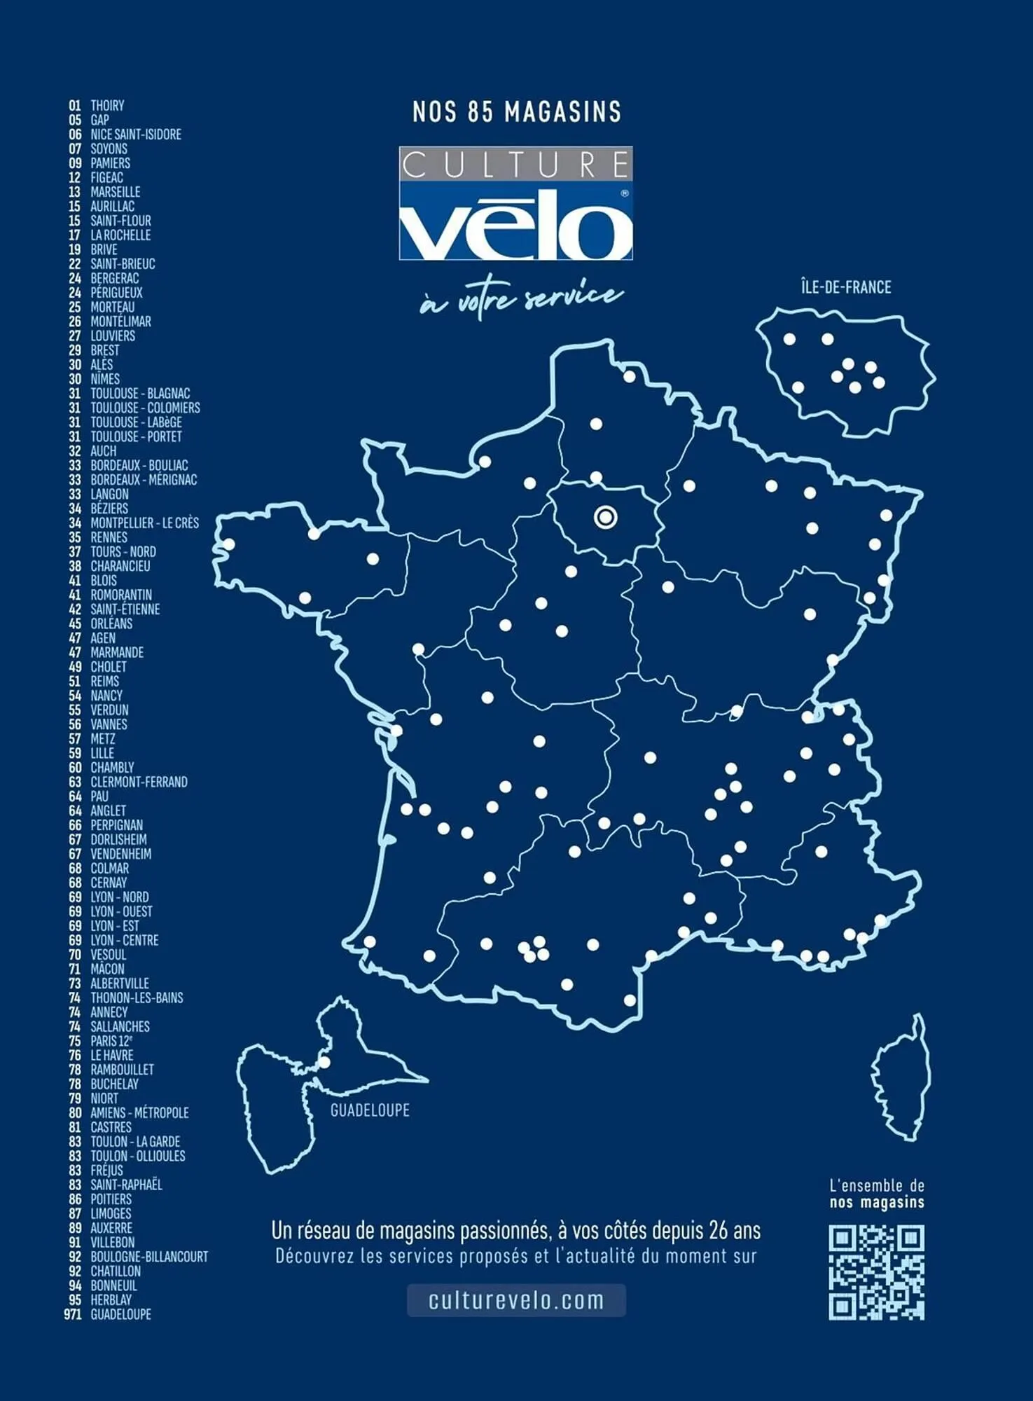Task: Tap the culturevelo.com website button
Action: (x=516, y=1300)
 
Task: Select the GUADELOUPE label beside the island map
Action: (x=370, y=1110)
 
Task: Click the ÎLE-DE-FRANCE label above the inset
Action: (x=846, y=287)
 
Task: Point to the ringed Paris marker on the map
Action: (x=606, y=518)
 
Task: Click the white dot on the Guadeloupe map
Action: (x=324, y=1063)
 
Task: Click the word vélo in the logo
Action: (x=515, y=224)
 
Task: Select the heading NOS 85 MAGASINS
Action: (x=517, y=112)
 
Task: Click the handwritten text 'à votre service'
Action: (x=521, y=300)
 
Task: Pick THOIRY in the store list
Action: (x=107, y=106)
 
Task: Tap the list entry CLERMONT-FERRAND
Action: (x=139, y=782)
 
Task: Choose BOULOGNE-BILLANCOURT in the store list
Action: (x=149, y=1257)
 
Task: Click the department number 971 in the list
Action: (x=73, y=1314)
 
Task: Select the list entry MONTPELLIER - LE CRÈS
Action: (x=144, y=523)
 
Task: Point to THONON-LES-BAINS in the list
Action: (x=137, y=998)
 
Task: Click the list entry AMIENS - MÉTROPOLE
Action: (x=139, y=1112)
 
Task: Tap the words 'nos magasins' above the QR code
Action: (x=877, y=1203)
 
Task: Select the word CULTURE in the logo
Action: (x=515, y=165)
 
